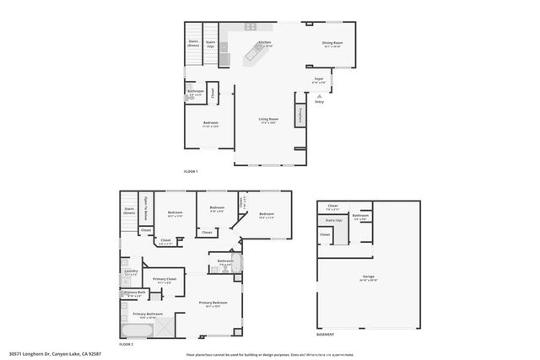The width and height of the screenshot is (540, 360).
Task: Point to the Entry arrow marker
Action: coord(319,98)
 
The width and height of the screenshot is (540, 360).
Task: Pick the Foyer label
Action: coord(319,81)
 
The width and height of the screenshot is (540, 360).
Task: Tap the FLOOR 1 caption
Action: coord(190,171)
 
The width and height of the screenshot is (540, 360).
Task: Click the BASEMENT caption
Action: coord(326,335)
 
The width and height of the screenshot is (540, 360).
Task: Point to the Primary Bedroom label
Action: coord(213,303)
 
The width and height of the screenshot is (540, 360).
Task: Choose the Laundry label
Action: coord(131,271)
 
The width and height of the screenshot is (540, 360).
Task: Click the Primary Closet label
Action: coord(165,279)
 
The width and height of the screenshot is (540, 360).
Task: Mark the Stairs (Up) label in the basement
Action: coord(333,221)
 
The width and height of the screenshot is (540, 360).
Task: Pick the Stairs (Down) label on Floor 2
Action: coord(129,211)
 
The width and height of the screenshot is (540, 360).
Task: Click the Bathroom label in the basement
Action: coord(360,215)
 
